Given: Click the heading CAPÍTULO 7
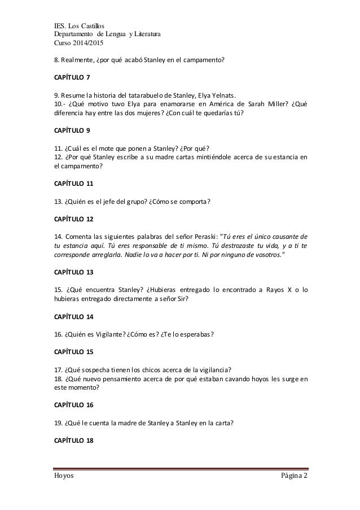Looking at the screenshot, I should coord(71,76).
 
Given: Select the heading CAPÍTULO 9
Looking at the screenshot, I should coord(71,130).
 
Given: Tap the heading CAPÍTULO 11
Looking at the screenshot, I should coord(72,184).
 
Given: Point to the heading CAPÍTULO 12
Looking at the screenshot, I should coord(72,217).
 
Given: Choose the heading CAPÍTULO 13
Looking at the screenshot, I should coord(72,271).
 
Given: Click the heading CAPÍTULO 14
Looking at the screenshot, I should coord(72,315).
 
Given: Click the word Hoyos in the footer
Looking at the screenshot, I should coord(64,477).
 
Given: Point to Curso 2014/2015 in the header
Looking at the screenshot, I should coord(75,43).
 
